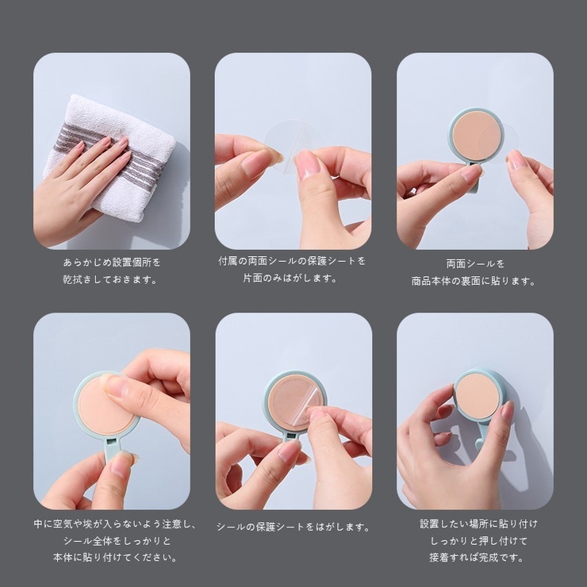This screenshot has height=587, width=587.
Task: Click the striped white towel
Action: tap(113, 157)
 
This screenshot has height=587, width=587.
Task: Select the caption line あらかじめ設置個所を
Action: tap(112, 263)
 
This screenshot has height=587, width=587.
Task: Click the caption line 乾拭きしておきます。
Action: tap(110, 280)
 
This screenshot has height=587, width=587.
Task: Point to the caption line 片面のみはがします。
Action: tap(290, 278)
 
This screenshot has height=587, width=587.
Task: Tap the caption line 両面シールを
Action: tap(475, 263)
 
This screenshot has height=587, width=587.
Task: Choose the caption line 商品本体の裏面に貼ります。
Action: tap(474, 281)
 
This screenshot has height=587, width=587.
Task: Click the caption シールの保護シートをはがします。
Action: tap(293, 527)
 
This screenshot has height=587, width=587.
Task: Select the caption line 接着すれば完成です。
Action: tap(476, 558)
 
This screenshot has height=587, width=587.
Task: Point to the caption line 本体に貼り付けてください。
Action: tap(115, 558)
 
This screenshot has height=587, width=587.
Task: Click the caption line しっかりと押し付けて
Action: tap(478, 540)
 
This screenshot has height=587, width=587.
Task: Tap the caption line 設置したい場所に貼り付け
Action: tap(478, 524)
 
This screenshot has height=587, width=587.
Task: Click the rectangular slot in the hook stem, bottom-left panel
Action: tap(111, 442)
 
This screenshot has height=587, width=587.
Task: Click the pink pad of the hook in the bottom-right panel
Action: tap(478, 396)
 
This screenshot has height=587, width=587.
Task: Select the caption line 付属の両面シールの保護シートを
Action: tap(292, 261)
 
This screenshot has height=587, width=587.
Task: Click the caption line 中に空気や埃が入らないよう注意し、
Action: tap(115, 524)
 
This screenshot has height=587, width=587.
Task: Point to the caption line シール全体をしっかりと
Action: tap(117, 540)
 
